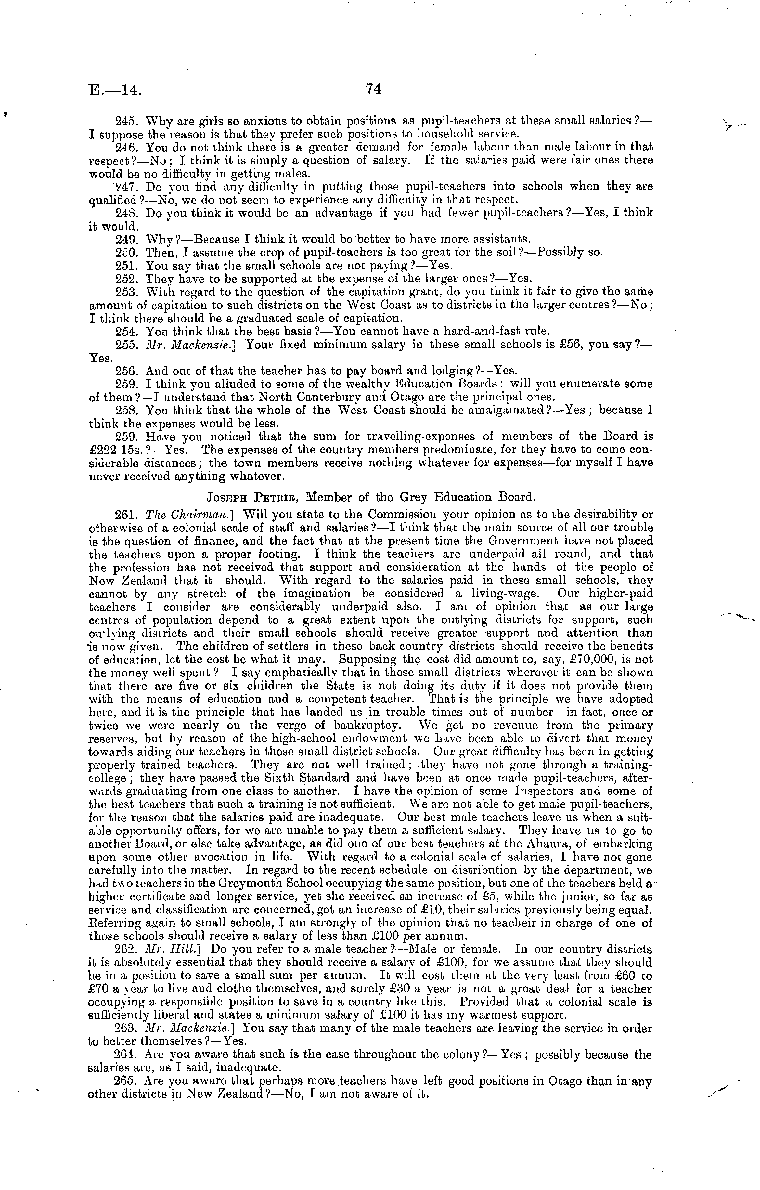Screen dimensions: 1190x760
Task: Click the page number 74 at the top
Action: pyautogui.click(x=374, y=89)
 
